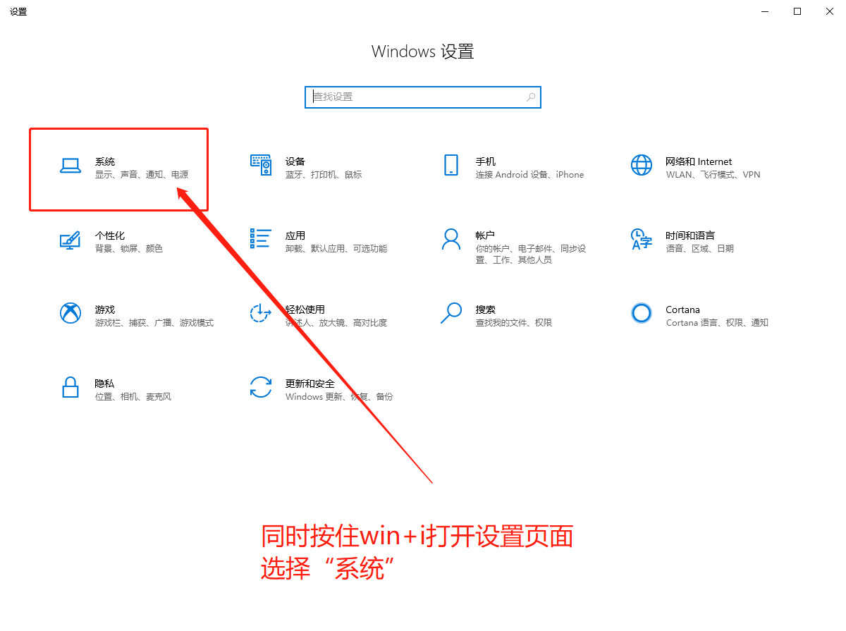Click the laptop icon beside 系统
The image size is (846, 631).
click(70, 166)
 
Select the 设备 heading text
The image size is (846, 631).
click(295, 161)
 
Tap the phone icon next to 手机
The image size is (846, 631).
click(451, 165)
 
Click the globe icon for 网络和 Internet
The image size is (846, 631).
click(642, 165)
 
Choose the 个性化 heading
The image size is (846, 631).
click(109, 235)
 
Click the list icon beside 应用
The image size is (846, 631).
click(261, 238)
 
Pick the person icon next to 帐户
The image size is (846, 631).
click(451, 240)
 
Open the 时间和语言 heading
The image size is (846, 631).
click(690, 235)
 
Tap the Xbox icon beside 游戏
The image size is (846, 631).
click(70, 313)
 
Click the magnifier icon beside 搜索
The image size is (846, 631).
click(451, 313)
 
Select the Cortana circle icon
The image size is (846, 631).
click(642, 313)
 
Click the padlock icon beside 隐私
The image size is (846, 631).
click(70, 387)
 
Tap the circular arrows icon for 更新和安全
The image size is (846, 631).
click(261, 387)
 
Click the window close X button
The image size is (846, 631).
click(829, 11)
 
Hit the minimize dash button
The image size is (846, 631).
click(765, 12)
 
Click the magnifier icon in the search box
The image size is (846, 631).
click(531, 97)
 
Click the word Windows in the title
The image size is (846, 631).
click(403, 51)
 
